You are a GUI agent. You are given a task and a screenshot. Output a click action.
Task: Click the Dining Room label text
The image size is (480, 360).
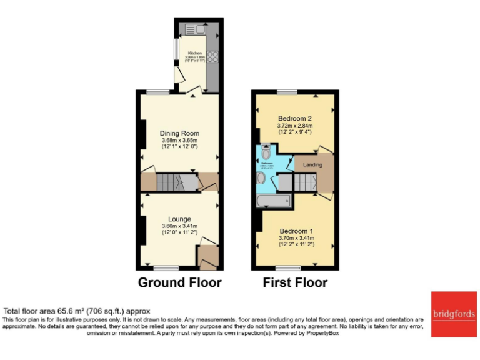[179, 133]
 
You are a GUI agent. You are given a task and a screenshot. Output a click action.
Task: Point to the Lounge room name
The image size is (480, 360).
[179, 219]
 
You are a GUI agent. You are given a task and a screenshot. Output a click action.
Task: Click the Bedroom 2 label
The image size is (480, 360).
[295, 119]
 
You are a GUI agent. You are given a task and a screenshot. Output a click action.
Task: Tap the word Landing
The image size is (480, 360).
[312, 165]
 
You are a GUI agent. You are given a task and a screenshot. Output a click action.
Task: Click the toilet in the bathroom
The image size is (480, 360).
[266, 152]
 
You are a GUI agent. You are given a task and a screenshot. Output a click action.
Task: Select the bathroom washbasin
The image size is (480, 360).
[261, 178]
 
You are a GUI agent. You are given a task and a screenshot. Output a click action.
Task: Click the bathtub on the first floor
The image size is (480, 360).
[274, 201]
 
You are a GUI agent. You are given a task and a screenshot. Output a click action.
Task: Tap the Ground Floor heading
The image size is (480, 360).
[179, 282]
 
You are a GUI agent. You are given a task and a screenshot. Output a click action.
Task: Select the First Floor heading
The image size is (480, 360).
[295, 282]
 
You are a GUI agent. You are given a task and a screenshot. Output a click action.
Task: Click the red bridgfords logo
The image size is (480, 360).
[451, 312]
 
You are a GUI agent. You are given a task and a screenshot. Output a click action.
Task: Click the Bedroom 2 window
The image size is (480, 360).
[287, 92]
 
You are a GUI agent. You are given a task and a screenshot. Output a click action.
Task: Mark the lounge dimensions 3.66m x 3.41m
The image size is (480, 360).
[179, 226]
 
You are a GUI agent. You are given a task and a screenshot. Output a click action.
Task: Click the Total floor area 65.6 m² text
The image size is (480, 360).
[77, 311]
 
